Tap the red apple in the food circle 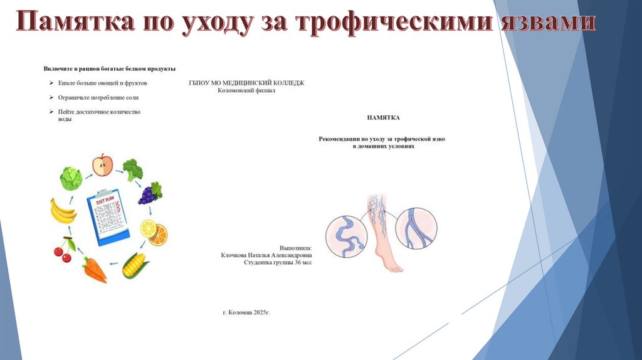[x=102, y=166]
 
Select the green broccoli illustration [x=132, y=170]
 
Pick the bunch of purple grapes [x=150, y=193]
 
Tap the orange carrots [x=95, y=269]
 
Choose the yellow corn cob [x=135, y=265]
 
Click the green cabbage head [x=71, y=179]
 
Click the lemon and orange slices [x=154, y=231]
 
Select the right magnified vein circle [x=416, y=228]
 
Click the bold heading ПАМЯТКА [x=382, y=117]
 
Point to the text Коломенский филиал [x=246, y=90]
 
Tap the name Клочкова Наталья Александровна [x=266, y=255]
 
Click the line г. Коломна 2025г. [x=250, y=311]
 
